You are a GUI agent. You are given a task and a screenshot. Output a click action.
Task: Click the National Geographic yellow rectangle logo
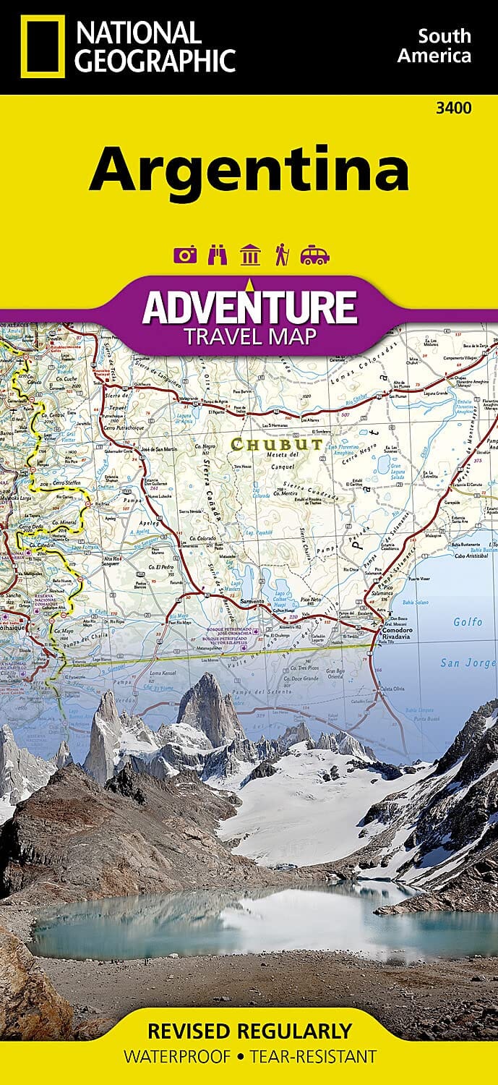tap(42, 46)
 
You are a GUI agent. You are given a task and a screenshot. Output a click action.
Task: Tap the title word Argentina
tap(249, 169)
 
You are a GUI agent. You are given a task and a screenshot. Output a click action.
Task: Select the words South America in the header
tap(445, 46)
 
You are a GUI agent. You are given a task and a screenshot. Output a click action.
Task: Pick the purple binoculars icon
tap(216, 255)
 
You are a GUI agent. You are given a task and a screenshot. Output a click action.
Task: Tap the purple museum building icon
tap(250, 255)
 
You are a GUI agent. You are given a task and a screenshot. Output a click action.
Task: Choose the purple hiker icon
tap(282, 255)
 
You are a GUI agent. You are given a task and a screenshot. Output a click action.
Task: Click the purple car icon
tap(314, 255)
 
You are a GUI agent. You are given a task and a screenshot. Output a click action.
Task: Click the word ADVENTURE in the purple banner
tap(249, 307)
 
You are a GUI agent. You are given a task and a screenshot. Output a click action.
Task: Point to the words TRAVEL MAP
tap(249, 336)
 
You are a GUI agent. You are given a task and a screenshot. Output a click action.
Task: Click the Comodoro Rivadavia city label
tap(396, 631)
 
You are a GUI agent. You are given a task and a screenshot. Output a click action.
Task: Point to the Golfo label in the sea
tap(467, 621)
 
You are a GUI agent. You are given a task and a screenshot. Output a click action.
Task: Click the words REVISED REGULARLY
tap(249, 1030)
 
